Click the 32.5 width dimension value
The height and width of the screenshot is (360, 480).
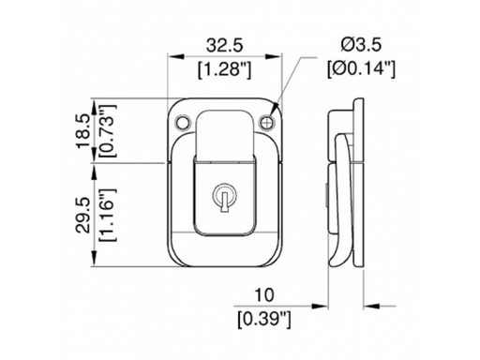pos(225,44)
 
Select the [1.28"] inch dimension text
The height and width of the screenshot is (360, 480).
pos(225,67)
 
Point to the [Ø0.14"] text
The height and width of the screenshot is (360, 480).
pos(361,67)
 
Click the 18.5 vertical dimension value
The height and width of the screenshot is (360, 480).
pos(82,128)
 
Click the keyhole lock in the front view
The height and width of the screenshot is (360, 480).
pos(226,198)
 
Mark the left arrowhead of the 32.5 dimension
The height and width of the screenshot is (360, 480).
pos(172,56)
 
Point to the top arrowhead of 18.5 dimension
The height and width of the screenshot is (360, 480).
pos(94,99)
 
